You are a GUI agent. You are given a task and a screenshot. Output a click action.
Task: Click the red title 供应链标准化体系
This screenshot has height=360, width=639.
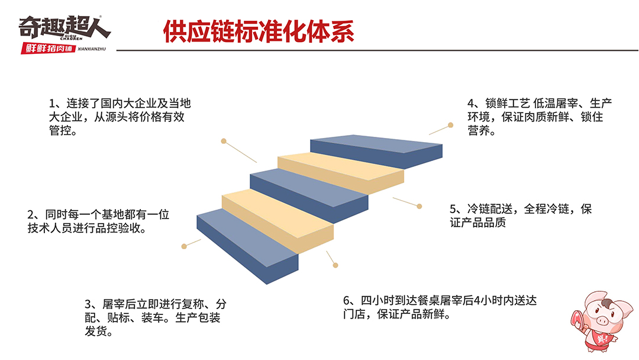tap(259, 31)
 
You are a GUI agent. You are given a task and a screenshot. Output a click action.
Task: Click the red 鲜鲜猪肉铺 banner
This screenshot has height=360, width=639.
tap(48, 49)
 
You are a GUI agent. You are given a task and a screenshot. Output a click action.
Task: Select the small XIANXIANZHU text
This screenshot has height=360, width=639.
tap(92, 49)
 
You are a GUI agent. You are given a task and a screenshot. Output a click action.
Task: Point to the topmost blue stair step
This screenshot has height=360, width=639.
tap(376, 151)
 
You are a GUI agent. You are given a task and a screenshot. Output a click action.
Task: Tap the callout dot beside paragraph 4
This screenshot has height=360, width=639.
tap(450, 125)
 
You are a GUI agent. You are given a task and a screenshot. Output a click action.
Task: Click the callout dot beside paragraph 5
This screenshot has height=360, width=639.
tap(419, 206)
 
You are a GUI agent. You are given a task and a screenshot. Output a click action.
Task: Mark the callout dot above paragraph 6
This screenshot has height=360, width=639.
tap(335, 265)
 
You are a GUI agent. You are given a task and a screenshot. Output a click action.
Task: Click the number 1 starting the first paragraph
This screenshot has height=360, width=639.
tap(51, 103)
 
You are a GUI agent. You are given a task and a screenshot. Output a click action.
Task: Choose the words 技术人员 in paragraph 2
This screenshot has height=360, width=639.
tap(50, 229)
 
